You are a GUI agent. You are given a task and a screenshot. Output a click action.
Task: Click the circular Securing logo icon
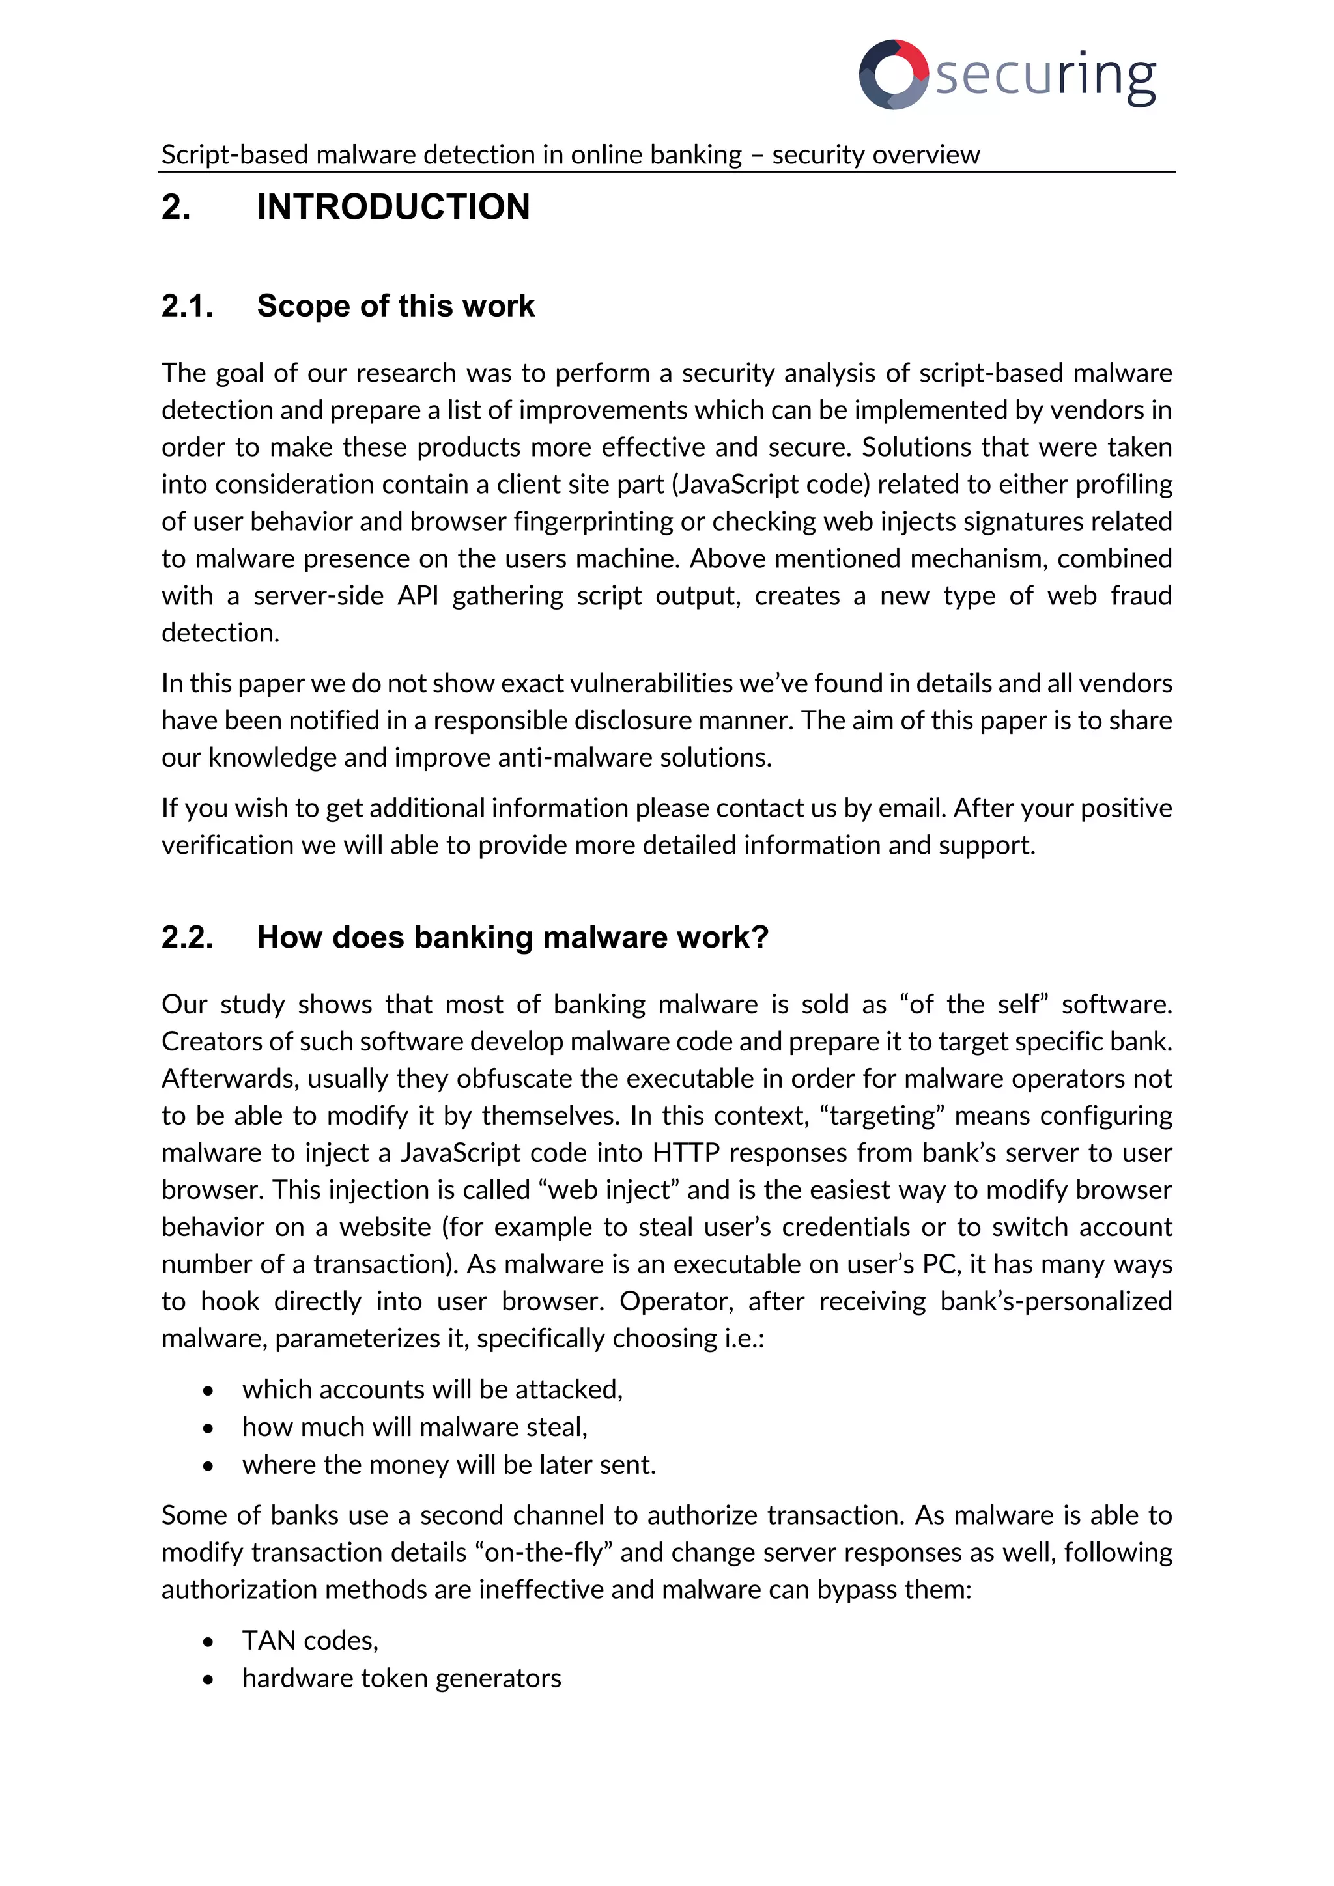pyautogui.click(x=894, y=74)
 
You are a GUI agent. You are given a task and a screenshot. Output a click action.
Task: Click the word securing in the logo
pyautogui.click(x=1045, y=76)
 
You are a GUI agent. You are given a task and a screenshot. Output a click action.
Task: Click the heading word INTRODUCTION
pyautogui.click(x=393, y=207)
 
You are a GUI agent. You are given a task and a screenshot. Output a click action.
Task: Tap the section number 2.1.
pyautogui.click(x=188, y=306)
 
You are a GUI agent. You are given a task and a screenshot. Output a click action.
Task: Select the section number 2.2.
pyautogui.click(x=188, y=937)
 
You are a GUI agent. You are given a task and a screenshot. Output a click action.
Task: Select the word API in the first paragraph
pyautogui.click(x=418, y=595)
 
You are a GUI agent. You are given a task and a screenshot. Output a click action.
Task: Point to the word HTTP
pyautogui.click(x=686, y=1153)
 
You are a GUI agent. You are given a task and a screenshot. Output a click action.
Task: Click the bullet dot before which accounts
pyautogui.click(x=208, y=1390)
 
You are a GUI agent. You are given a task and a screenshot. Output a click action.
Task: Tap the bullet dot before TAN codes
pyautogui.click(x=208, y=1642)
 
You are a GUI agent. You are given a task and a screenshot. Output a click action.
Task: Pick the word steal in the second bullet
pyautogui.click(x=555, y=1428)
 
